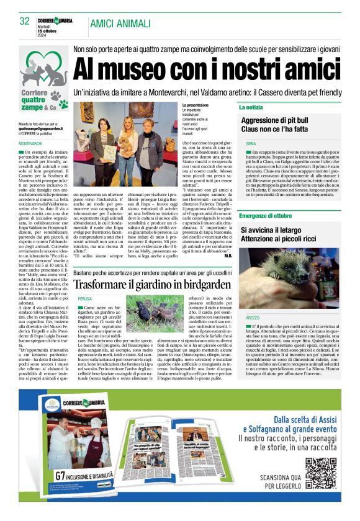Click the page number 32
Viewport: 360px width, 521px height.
(24, 20)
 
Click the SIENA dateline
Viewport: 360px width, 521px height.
(250, 143)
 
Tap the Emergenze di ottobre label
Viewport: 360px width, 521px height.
(265, 215)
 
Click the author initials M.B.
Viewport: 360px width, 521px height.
(229, 256)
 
